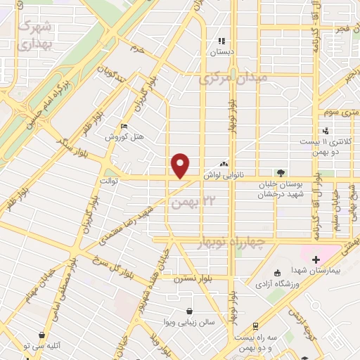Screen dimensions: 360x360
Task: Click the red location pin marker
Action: [181, 166]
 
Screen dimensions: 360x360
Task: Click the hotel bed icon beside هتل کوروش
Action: [124, 127]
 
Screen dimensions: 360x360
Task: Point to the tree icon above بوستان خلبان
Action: [281, 172]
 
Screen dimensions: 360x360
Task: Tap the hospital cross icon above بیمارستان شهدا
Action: [316, 260]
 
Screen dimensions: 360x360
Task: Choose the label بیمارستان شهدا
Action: [315, 271]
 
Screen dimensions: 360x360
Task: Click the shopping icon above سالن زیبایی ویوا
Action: [190, 310]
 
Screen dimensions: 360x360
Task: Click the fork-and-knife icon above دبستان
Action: [221, 41]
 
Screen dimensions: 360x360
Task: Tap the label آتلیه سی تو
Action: [44, 346]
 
